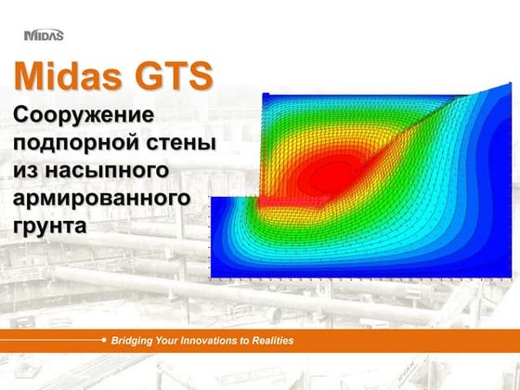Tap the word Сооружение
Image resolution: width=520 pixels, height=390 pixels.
(84, 117)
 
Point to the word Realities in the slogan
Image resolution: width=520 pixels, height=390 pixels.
(269, 341)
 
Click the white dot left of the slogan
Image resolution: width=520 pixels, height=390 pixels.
(104, 341)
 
